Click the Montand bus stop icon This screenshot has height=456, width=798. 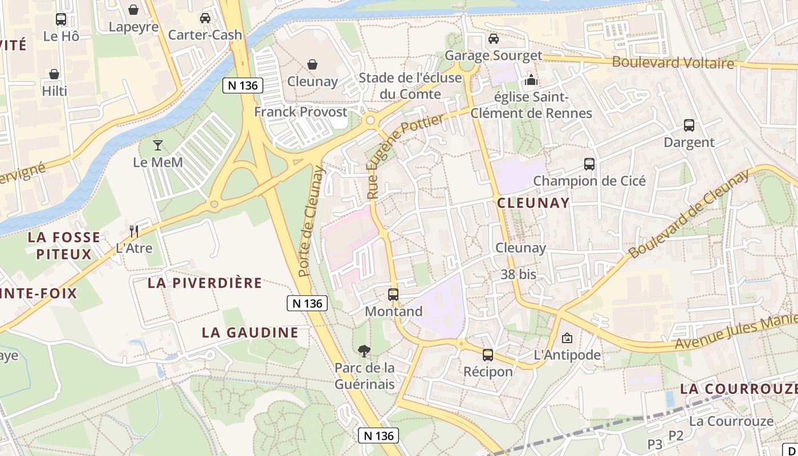[x=393, y=295]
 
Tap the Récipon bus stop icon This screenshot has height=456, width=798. [x=488, y=355]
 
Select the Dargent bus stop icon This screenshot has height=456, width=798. [x=689, y=125]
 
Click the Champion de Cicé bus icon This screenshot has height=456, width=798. [x=589, y=164]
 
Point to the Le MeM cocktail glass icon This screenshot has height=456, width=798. [x=158, y=145]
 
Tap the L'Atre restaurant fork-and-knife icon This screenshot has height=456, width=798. [x=134, y=231]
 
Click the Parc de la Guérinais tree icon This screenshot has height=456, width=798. [x=364, y=351]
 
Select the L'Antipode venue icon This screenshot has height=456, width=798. [x=567, y=338]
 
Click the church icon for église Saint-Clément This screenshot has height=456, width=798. [x=531, y=80]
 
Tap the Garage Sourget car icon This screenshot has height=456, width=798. [x=494, y=39]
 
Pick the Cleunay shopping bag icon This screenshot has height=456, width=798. [x=312, y=64]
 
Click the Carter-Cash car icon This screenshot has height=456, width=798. [x=205, y=18]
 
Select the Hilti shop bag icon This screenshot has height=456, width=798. [x=54, y=74]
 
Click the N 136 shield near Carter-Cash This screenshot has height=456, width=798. [x=243, y=85]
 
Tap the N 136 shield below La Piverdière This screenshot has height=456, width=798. [x=307, y=303]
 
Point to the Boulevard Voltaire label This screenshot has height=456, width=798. [x=673, y=62]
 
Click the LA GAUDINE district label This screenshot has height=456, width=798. [x=250, y=332]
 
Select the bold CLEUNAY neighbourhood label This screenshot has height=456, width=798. [x=533, y=203]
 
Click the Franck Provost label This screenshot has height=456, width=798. [x=300, y=112]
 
